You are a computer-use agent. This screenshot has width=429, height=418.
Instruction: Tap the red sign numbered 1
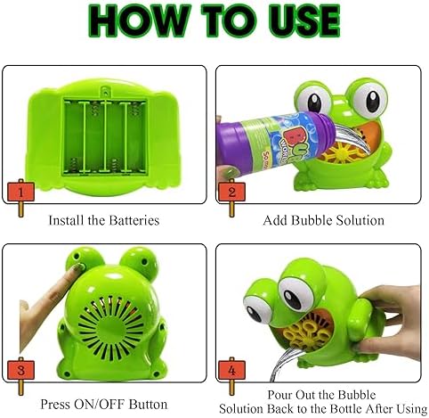pyautogui.click(x=20, y=193)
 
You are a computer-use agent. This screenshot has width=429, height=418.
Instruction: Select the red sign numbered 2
pyautogui.click(x=231, y=193)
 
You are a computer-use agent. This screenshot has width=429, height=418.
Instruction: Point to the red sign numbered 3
pyautogui.click(x=20, y=370)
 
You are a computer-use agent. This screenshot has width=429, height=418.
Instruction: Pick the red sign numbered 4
pyautogui.click(x=231, y=370)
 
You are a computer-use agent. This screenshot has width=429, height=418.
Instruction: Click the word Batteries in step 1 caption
pyautogui.click(x=134, y=220)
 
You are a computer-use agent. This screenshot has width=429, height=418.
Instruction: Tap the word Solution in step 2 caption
pyautogui.click(x=360, y=220)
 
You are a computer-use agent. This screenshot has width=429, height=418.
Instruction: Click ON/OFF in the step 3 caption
pyautogui.click(x=100, y=404)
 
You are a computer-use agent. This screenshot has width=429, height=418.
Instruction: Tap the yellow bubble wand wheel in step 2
pyautogui.click(x=341, y=153)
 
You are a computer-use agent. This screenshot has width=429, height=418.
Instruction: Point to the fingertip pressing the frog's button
pyautogui.click(x=77, y=267)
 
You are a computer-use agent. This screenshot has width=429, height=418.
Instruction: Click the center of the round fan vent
pyautogui.click(x=109, y=326)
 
